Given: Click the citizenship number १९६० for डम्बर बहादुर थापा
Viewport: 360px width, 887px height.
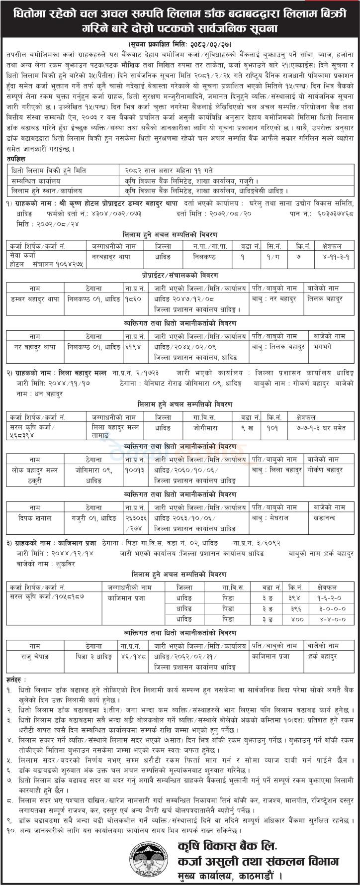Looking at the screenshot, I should click(x=132, y=298).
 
